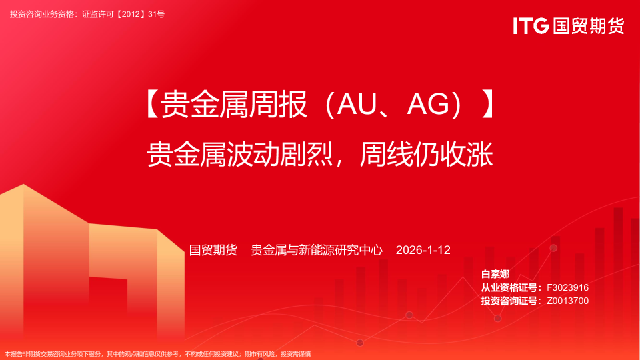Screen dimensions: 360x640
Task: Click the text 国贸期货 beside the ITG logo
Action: (588, 26)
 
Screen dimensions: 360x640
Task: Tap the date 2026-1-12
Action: (423, 250)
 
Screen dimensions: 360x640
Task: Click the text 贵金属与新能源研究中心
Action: (317, 250)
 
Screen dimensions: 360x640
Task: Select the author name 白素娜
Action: (495, 275)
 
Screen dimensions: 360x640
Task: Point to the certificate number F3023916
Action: (567, 287)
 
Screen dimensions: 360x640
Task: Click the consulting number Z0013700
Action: (567, 301)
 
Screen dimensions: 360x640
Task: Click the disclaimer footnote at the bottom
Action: (158, 354)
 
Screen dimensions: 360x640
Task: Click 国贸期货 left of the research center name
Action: (213, 250)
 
